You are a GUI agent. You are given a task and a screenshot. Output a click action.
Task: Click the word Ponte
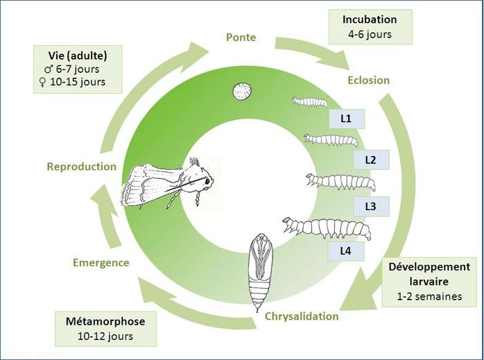[x=241, y=37]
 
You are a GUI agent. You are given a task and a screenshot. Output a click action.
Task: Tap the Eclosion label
[x=369, y=80]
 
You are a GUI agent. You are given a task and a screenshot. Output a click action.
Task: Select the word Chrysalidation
[x=302, y=316]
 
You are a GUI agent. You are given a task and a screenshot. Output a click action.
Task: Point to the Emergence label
[x=101, y=263]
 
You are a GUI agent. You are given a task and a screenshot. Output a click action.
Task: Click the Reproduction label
[x=82, y=166]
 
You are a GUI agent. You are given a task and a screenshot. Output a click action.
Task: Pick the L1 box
[x=346, y=119]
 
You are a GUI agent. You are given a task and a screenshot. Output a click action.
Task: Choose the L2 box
[x=371, y=160]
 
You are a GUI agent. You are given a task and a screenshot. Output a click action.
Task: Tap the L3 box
[x=371, y=206]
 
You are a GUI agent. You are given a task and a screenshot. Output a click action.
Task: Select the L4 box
[x=346, y=251]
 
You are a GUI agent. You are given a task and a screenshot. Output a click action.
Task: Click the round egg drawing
[x=242, y=92]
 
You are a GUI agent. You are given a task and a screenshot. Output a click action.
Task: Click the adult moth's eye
[x=207, y=181]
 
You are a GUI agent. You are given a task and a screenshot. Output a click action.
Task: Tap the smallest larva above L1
[x=309, y=101]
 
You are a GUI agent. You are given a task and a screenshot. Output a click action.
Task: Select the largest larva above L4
[x=327, y=229]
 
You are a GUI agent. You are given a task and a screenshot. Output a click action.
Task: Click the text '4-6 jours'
[x=370, y=34]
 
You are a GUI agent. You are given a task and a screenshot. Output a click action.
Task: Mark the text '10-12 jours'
[x=105, y=336]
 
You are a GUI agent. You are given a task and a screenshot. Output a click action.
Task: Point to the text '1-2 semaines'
[x=429, y=296]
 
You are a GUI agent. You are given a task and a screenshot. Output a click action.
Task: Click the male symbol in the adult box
[x=49, y=69]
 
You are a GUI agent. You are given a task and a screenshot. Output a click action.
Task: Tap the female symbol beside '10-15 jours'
[x=42, y=82]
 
